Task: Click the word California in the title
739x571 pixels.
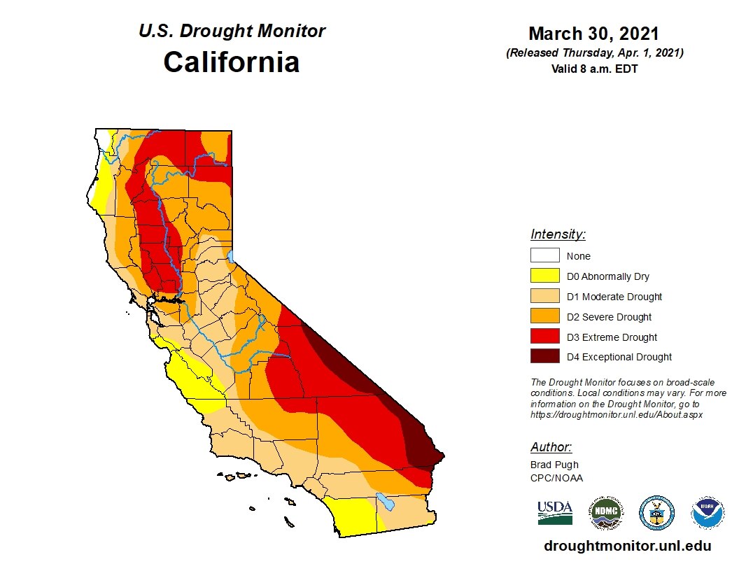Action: coord(232,62)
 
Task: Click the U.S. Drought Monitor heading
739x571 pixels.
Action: coord(232,31)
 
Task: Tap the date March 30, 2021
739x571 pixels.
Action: coord(593,34)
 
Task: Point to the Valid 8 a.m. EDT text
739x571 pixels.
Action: coord(594,68)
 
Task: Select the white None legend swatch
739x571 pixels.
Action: coord(544,256)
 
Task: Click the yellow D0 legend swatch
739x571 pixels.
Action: coord(544,276)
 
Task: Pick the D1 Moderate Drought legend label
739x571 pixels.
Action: coord(614,297)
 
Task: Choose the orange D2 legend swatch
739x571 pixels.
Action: coord(544,317)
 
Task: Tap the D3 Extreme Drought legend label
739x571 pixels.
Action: coord(612,337)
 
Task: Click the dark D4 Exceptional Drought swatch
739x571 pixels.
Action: coord(544,357)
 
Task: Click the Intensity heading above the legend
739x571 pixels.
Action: coord(558,234)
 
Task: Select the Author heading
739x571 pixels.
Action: coord(551,447)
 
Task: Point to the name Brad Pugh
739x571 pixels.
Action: coord(554,465)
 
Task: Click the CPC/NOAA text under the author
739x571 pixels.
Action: coord(556,478)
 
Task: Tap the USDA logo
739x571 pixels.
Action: coord(555,513)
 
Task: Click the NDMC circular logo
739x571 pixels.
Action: coord(605,513)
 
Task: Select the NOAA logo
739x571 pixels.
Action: coord(708,513)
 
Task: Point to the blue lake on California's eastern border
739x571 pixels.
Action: coord(232,251)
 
